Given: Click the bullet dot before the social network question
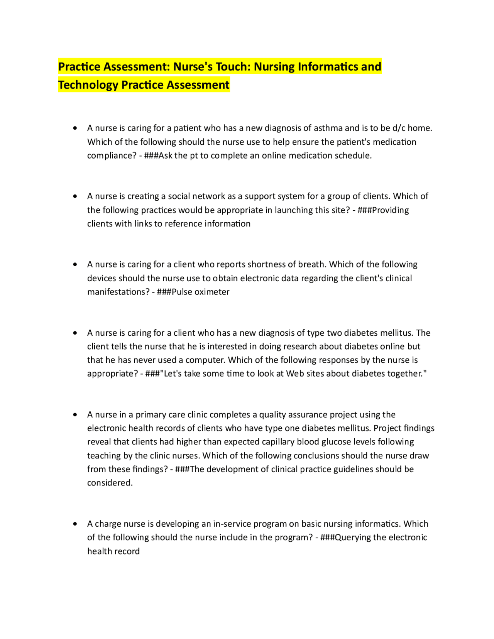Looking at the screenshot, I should tap(75, 196).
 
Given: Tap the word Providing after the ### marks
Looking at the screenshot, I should tap(390, 210).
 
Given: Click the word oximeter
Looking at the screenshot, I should tap(212, 292).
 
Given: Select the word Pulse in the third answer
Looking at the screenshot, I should tap(182, 292).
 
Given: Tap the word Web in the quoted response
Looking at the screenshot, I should tap(295, 374).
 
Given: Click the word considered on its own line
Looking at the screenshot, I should tap(110, 483).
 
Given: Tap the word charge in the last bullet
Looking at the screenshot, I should tap(108, 524).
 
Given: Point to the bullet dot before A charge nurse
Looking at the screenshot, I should tap(75, 524).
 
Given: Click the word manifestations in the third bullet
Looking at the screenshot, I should tap(118, 292).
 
